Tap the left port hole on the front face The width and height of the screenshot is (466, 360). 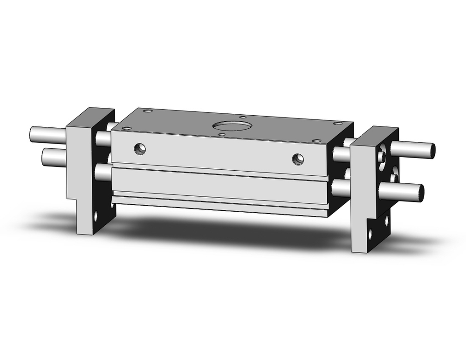click(x=140, y=149)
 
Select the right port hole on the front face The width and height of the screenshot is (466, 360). click(x=298, y=159)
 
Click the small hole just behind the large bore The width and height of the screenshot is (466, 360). click(x=242, y=117)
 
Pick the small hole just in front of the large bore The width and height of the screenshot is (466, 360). click(x=222, y=134)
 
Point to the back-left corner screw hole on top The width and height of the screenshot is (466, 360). click(x=148, y=111)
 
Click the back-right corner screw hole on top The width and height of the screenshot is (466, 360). click(x=338, y=124)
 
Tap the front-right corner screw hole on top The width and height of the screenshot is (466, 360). click(x=316, y=140)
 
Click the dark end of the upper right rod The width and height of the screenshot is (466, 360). click(x=432, y=150)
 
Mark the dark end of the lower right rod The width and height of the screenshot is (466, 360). click(x=420, y=193)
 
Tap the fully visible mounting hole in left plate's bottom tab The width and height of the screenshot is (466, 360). click(x=96, y=216)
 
